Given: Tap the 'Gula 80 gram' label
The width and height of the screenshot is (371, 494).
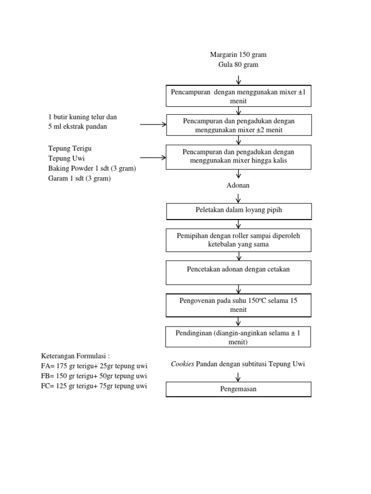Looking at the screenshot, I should (x=238, y=65).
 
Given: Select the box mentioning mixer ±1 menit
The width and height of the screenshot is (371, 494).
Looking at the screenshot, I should (x=239, y=96).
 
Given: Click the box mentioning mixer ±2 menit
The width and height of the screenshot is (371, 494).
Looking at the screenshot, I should (x=239, y=125).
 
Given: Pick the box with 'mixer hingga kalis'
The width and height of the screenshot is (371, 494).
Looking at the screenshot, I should (x=239, y=156).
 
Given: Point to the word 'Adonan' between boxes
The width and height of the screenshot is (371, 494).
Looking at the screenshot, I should (x=238, y=185).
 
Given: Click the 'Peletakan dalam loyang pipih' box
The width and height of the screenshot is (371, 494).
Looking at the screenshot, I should (x=239, y=211).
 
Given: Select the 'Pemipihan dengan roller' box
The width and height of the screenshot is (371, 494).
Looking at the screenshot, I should (x=239, y=240).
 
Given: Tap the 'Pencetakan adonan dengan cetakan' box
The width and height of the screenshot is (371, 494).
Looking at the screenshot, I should (x=239, y=273).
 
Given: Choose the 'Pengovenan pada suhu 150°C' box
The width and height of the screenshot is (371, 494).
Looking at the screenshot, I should (x=239, y=305).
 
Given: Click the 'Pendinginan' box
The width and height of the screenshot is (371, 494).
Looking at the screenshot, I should (x=238, y=337).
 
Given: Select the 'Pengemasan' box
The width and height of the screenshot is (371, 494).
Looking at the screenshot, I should (x=239, y=389).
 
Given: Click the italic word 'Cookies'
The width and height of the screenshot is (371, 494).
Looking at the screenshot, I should (x=183, y=364).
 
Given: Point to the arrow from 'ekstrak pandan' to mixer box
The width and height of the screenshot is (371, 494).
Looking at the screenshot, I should (x=153, y=124).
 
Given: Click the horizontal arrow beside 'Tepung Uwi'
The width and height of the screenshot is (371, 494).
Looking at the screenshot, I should (x=153, y=157).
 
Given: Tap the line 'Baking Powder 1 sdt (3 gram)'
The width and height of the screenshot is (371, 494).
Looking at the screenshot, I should (x=92, y=168).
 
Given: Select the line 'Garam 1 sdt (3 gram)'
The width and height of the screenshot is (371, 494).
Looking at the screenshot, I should (x=79, y=178).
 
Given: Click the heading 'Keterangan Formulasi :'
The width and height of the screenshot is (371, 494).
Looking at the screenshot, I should (x=76, y=356).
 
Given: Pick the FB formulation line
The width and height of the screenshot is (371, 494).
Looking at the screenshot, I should (x=94, y=376).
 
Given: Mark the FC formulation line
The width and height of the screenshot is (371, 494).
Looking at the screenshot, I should (x=94, y=386).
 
